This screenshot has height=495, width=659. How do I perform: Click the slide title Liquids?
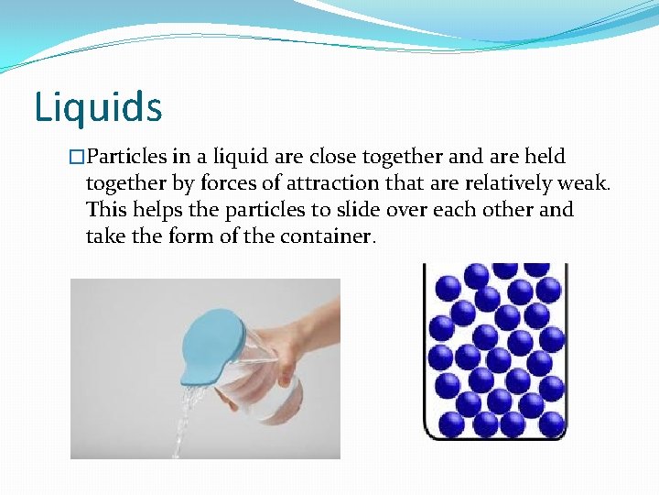point(98,106)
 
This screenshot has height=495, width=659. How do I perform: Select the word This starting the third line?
point(106,210)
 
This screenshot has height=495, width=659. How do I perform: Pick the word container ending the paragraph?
point(329,236)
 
